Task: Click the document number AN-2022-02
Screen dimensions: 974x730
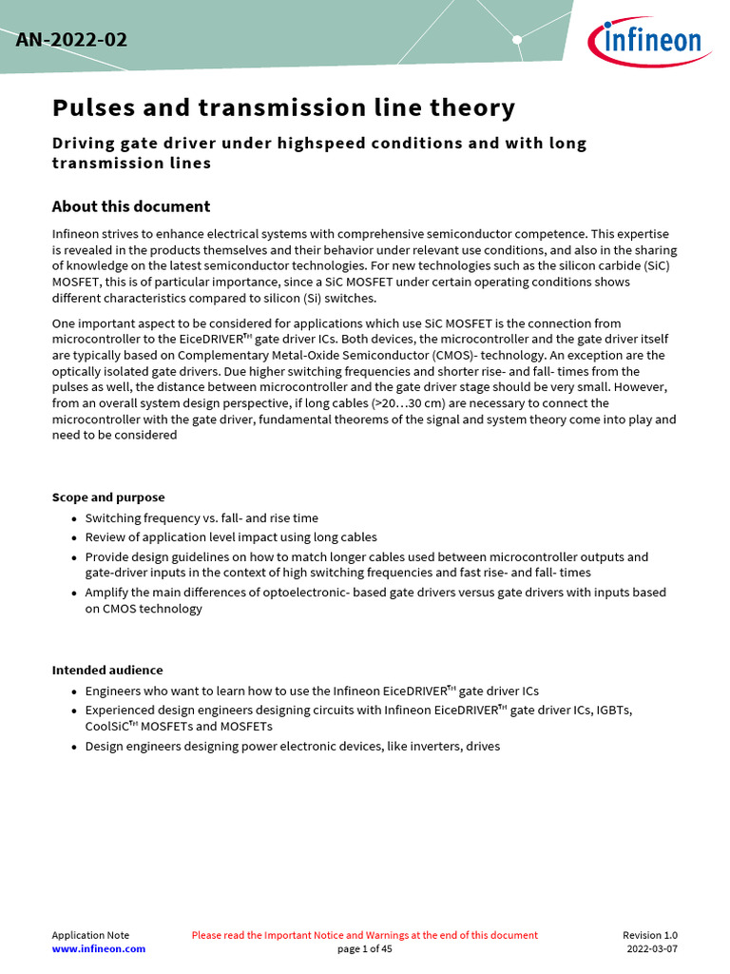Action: pos(71,40)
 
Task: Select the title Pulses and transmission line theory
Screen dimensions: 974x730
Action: pos(283,107)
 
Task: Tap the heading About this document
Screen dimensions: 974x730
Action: pos(131,206)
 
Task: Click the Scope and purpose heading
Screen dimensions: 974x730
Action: pos(108,497)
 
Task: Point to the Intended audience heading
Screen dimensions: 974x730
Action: pos(107,670)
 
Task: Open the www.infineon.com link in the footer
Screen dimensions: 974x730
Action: pos(99,949)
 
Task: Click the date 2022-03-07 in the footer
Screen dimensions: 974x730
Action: pos(652,949)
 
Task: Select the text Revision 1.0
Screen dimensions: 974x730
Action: pos(650,935)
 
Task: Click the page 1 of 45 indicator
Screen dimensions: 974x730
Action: pos(365,949)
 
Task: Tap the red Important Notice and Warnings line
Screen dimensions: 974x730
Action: pos(365,935)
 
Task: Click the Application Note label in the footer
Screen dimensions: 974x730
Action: pos(90,935)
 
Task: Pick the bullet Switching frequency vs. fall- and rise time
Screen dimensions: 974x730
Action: pos(202,518)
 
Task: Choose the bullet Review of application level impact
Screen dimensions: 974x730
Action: pos(231,537)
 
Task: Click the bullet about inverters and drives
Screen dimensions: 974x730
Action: pos(292,747)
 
